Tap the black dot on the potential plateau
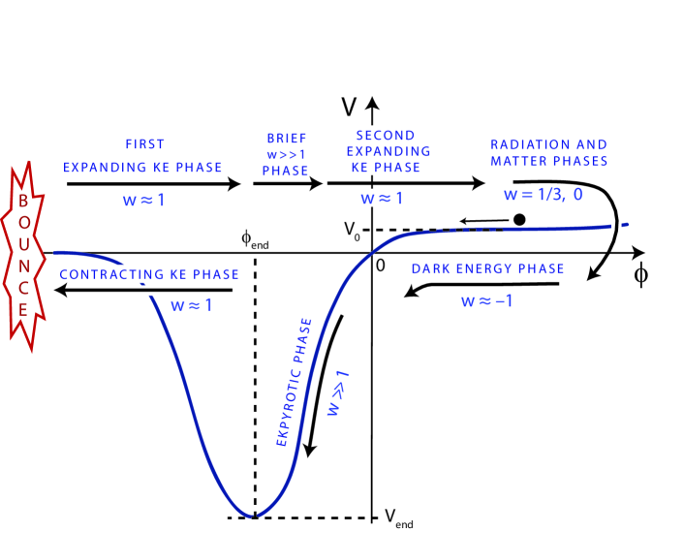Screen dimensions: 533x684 pyautogui.click(x=519, y=220)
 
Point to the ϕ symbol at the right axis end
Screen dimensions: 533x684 pyautogui.click(x=641, y=274)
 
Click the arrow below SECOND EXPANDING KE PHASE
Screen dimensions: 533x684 pyautogui.click(x=405, y=181)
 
